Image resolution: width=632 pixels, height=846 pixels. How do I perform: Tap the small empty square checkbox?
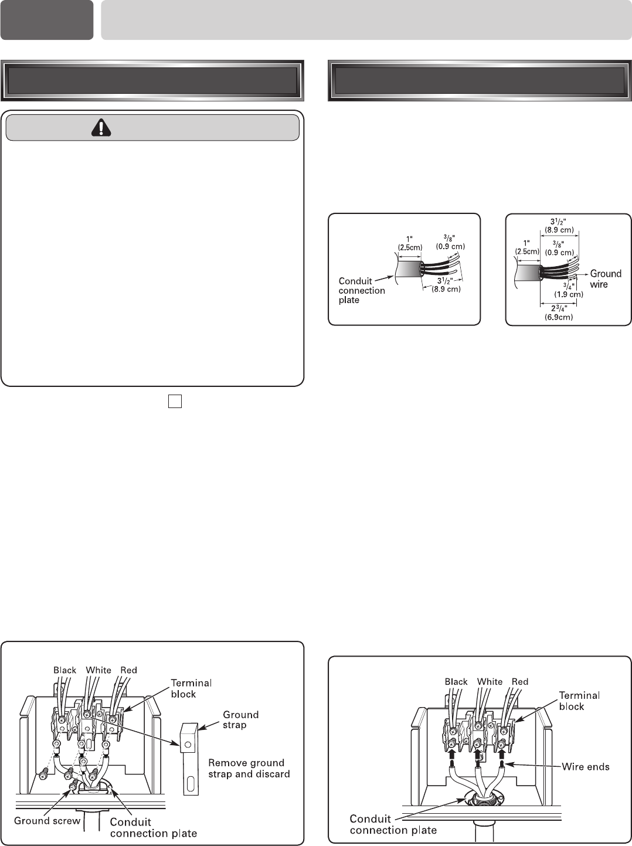175,400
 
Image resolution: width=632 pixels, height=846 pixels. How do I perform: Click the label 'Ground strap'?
240,719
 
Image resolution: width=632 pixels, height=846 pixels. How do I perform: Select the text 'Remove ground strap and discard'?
249,768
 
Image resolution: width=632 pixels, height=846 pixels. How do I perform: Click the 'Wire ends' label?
585,766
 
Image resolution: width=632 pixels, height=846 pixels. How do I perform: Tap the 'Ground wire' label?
606,279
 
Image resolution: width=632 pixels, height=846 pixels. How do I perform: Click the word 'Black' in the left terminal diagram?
65,670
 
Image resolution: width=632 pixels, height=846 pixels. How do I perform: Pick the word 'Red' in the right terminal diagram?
519,681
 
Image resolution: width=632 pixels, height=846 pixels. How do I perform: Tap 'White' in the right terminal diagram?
490,681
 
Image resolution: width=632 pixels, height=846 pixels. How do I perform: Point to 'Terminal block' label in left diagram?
191,688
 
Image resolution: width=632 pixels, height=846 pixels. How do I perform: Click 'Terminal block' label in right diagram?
579,701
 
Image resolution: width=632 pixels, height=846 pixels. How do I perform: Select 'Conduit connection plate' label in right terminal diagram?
393,824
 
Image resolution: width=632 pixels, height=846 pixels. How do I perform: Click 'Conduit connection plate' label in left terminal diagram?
154,827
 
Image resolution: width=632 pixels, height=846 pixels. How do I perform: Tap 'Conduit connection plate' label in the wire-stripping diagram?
362,290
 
